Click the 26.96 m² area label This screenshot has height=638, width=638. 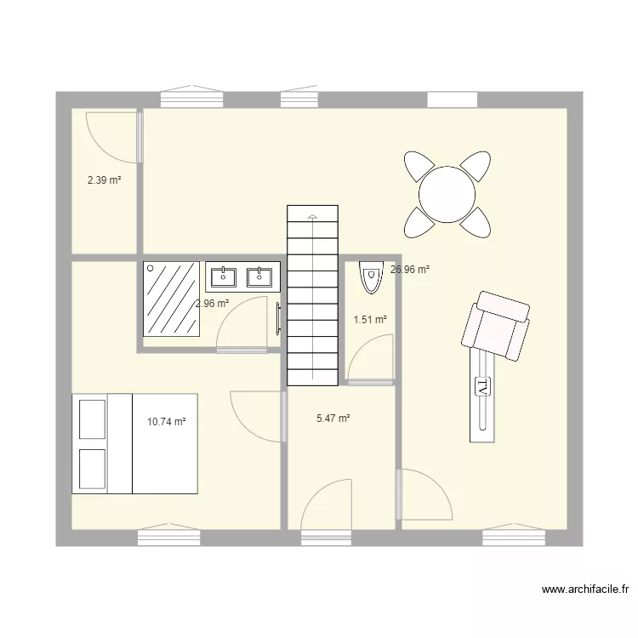409,270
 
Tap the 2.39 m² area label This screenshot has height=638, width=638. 104,180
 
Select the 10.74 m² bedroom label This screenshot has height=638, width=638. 166,421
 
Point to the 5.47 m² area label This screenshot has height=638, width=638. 333,419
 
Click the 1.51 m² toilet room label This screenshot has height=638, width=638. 370,320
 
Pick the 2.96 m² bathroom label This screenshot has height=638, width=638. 212,303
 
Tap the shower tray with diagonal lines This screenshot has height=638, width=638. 172,299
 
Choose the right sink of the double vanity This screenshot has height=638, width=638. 258,276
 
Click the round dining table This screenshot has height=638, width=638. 447,193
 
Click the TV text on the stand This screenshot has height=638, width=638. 482,387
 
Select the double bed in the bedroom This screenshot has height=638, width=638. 135,442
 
